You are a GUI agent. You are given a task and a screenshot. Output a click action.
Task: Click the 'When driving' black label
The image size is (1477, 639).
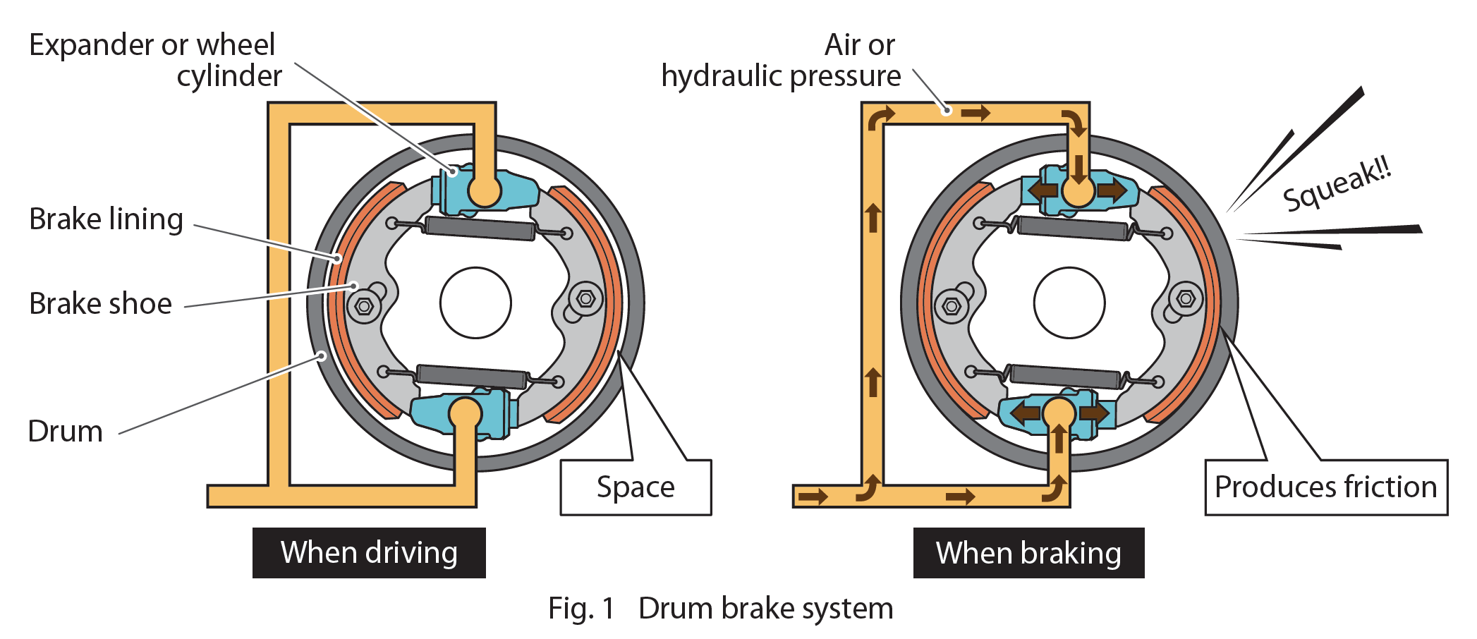point(369,552)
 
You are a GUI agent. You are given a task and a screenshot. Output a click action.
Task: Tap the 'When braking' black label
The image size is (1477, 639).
point(1028,552)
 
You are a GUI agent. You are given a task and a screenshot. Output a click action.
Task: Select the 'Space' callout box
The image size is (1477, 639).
point(636,487)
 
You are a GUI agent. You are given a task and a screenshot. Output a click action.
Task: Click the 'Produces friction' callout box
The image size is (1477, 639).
point(1325,487)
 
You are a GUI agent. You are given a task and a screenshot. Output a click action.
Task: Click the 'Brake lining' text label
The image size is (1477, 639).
point(107,219)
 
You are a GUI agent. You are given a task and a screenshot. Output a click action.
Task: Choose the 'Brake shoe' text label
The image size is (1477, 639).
point(101,304)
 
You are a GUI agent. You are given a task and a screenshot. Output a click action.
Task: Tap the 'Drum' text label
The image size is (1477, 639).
point(66,431)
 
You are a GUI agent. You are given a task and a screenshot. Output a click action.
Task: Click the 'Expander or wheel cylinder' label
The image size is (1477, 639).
point(155,60)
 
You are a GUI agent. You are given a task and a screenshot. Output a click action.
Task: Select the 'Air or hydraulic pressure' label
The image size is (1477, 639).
point(782,60)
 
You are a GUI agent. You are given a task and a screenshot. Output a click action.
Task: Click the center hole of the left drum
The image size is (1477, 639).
point(475,303)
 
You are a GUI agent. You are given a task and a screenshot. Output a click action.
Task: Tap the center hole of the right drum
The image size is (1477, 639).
point(1069,303)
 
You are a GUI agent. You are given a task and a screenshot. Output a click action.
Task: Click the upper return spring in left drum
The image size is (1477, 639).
point(480,229)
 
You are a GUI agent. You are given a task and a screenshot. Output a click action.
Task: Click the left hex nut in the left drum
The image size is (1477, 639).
point(364,306)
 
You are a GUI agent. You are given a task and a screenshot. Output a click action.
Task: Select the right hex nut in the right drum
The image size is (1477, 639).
point(1186,299)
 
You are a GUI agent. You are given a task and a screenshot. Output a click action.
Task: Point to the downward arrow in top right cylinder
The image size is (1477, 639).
point(1078,170)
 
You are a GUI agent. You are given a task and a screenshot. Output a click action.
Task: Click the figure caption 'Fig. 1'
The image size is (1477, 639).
point(581,608)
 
